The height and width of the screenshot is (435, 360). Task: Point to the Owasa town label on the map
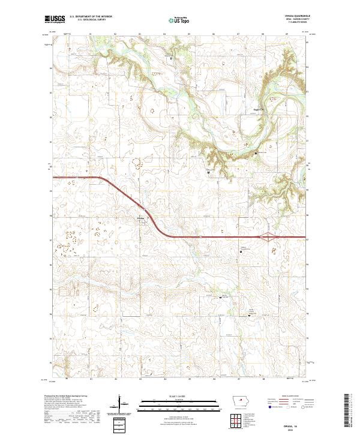(x=141, y=217)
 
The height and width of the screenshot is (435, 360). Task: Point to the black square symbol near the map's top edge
(x=173, y=59)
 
